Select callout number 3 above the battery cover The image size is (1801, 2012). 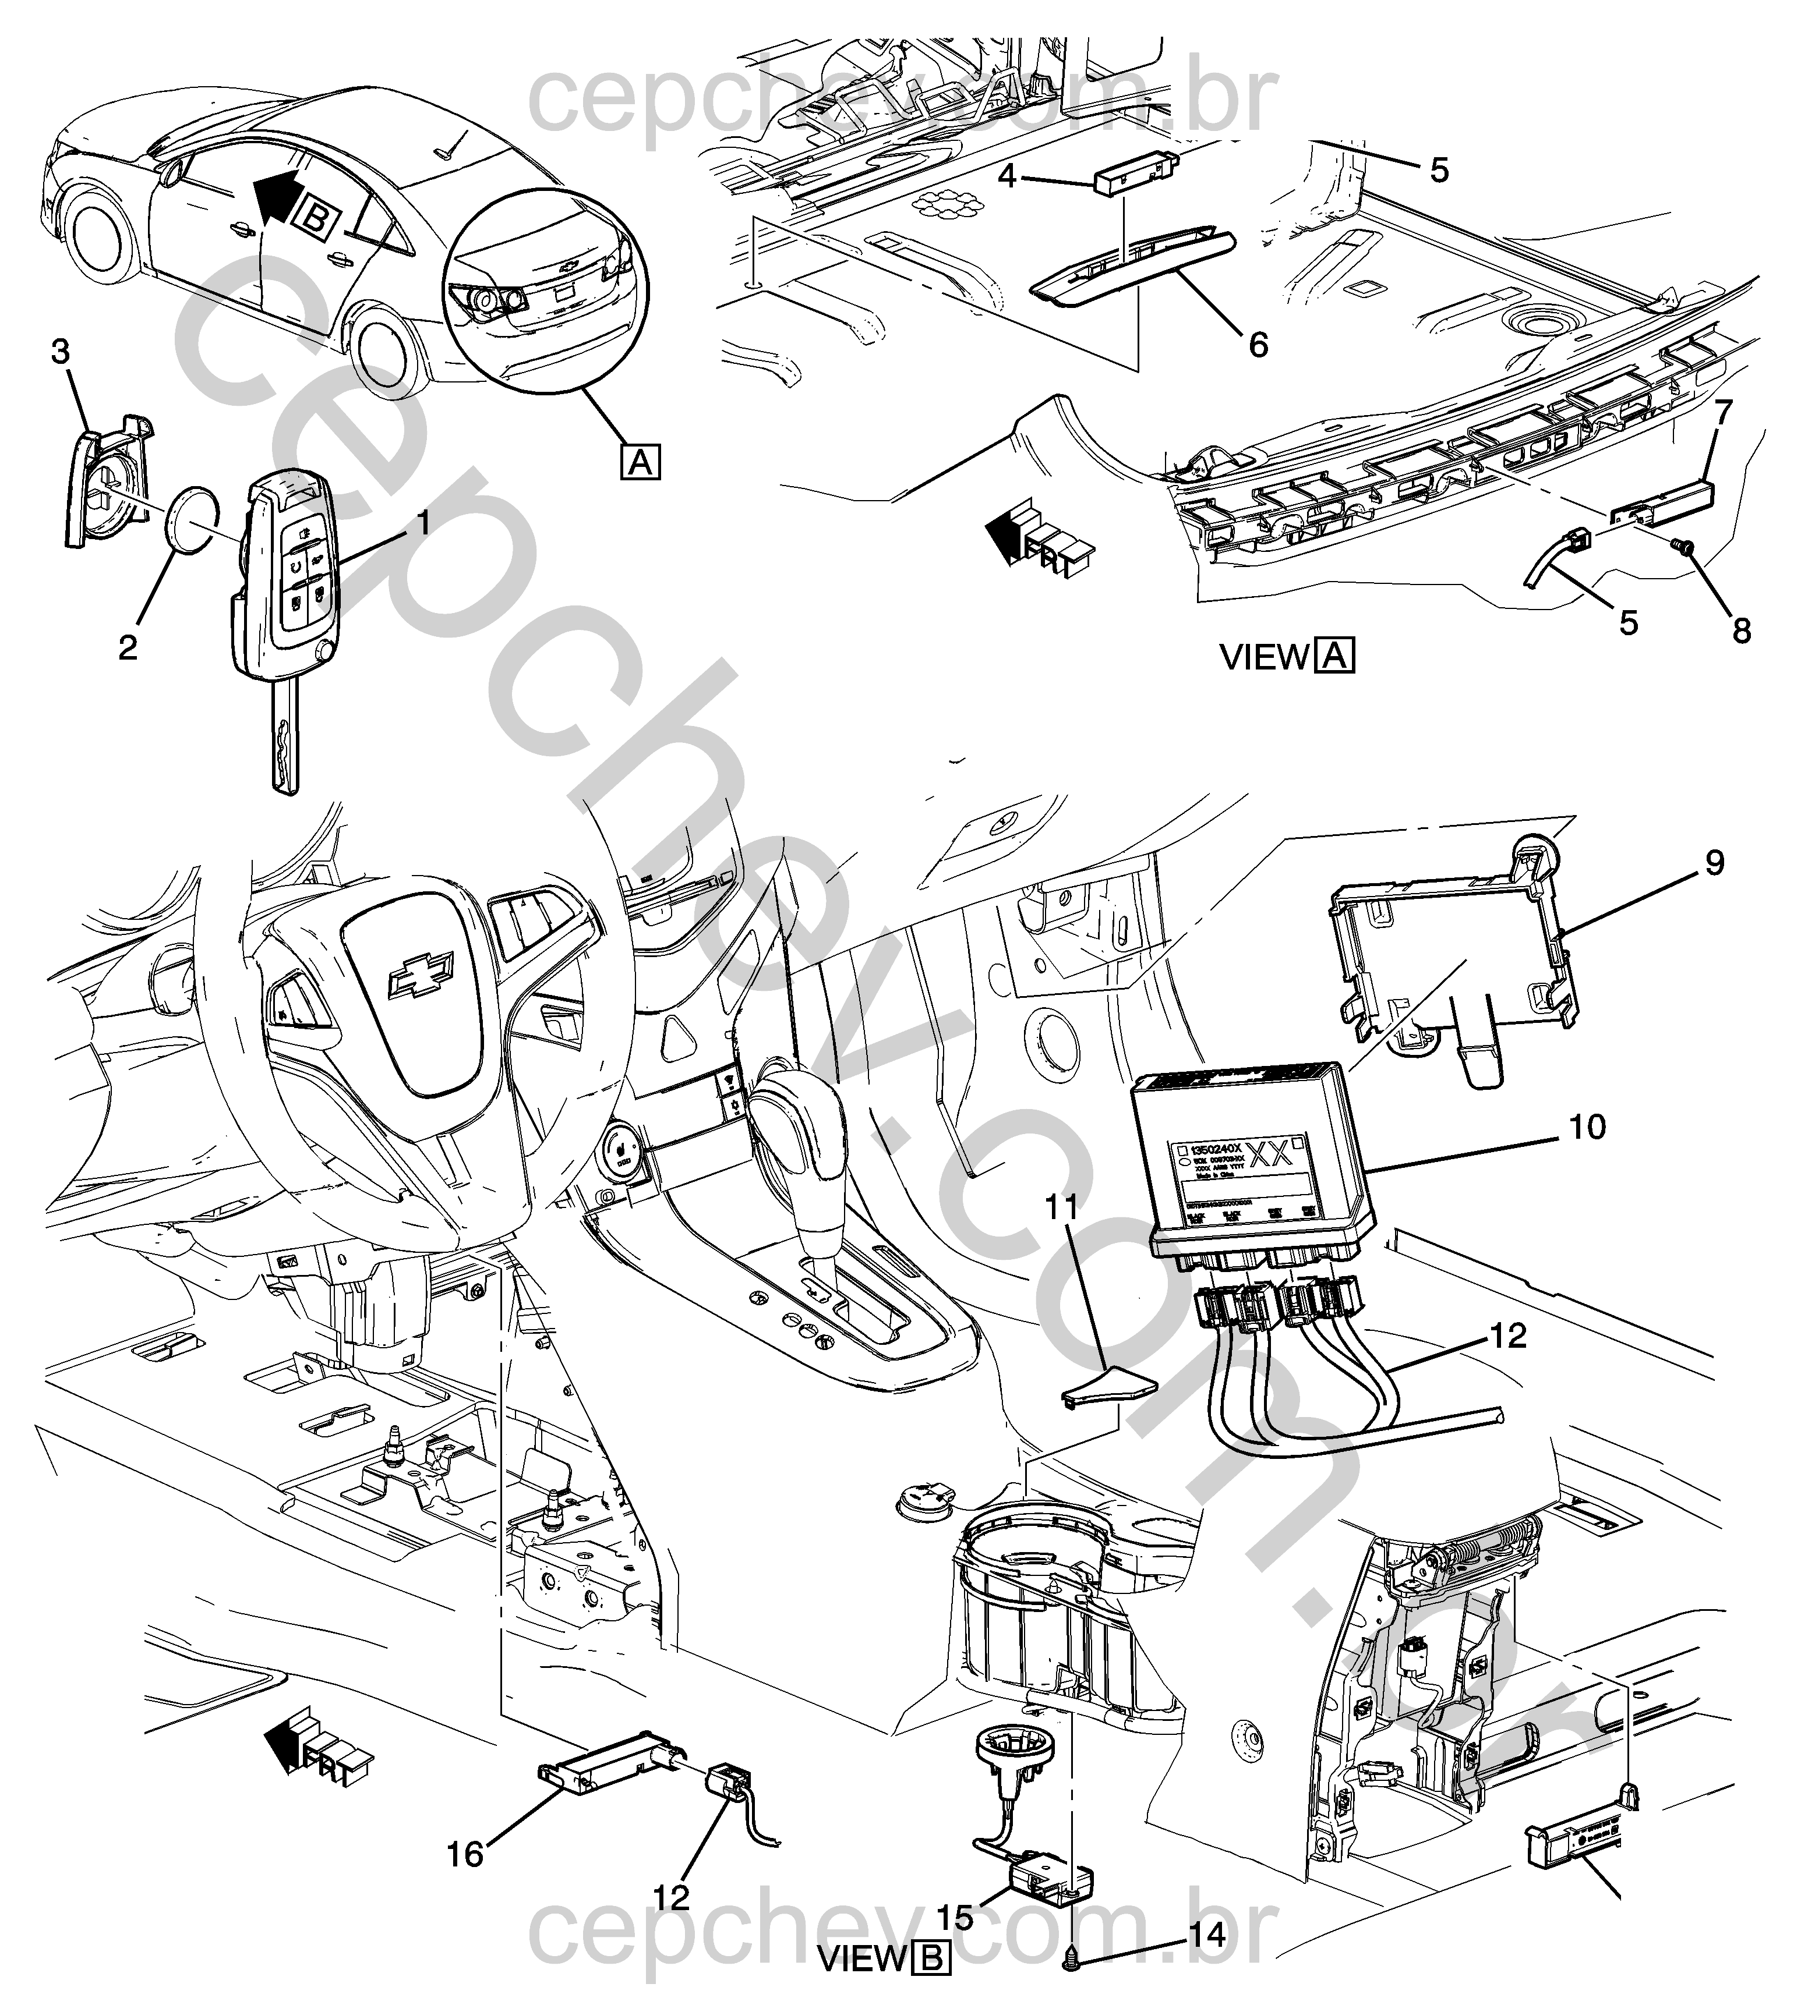(x=61, y=352)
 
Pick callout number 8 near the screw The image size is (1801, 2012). (x=1742, y=629)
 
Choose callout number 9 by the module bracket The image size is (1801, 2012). (x=1714, y=863)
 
